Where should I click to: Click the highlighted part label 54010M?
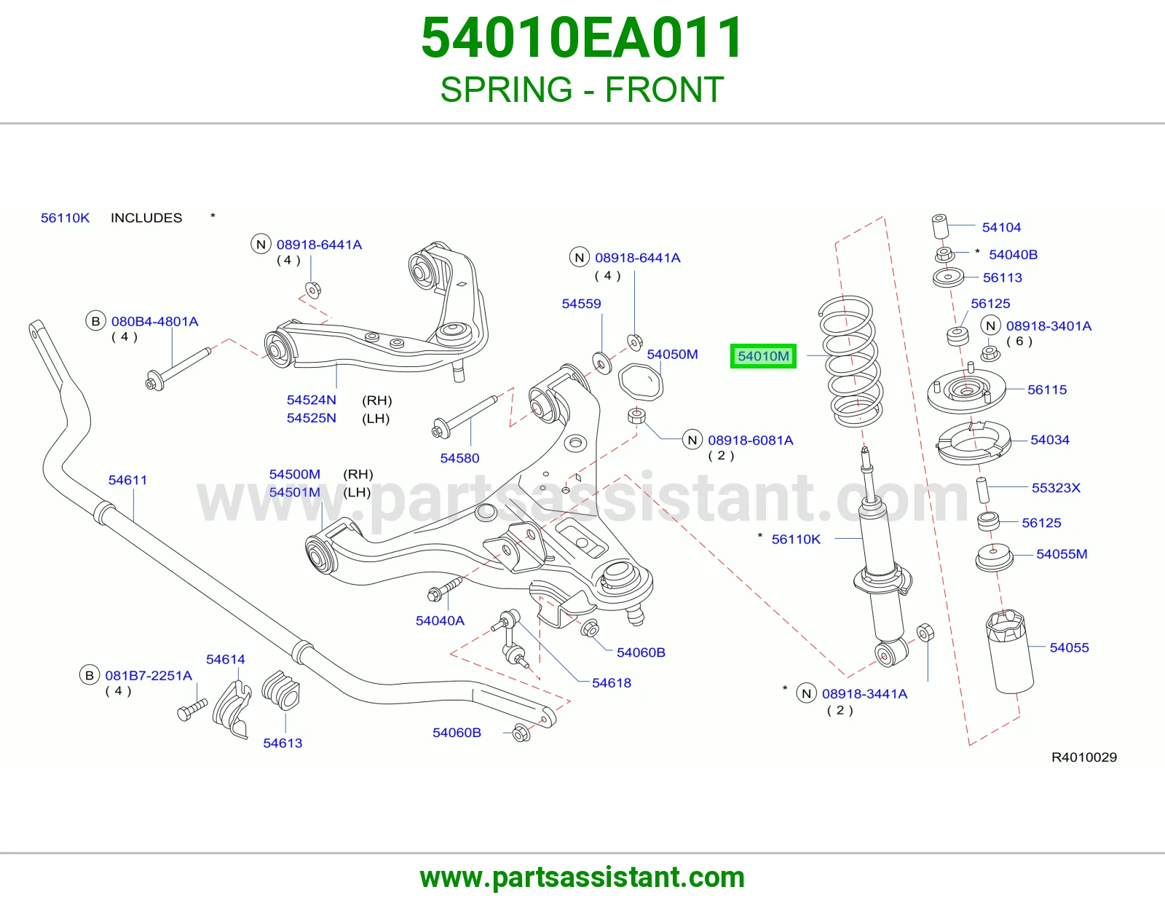coord(763,356)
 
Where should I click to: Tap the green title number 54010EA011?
coord(582,38)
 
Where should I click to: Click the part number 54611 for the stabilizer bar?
coord(127,480)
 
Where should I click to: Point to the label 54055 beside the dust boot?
coord(1069,647)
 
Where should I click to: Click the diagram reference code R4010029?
coord(1084,757)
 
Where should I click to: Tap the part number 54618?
coord(611,682)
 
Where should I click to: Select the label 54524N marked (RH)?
coord(312,400)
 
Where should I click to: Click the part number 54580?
coord(459,458)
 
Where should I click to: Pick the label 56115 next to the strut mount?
coord(1047,390)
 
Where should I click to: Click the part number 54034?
coord(1050,440)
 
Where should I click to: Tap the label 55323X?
coord(1057,487)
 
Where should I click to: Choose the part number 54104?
coord(1001,227)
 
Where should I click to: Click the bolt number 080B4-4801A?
coord(155,321)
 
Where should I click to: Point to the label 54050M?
coord(672,355)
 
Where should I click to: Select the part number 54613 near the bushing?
coord(283,743)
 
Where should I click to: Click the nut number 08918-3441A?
coord(865,694)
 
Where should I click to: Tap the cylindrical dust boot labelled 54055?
coord(1010,652)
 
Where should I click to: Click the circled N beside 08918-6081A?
coord(692,441)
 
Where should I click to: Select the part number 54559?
coord(581,304)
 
